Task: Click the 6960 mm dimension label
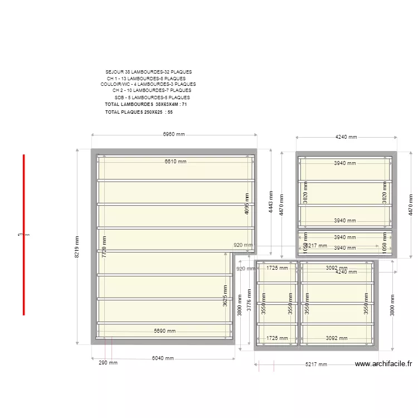(x=173, y=134)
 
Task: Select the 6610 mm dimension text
(x=175, y=162)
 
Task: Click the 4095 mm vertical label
(x=247, y=204)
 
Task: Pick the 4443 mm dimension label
(x=271, y=203)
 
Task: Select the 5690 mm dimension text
(x=164, y=331)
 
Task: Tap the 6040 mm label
(x=163, y=358)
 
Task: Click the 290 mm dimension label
(x=108, y=363)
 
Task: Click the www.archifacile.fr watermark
(x=384, y=364)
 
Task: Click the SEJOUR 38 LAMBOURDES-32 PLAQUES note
(x=148, y=72)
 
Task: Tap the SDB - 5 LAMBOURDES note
(x=152, y=98)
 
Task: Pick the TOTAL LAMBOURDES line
(x=145, y=104)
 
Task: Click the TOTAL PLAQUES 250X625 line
(x=139, y=112)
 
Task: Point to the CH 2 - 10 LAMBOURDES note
(x=152, y=90)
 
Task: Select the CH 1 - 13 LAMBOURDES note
(x=147, y=79)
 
